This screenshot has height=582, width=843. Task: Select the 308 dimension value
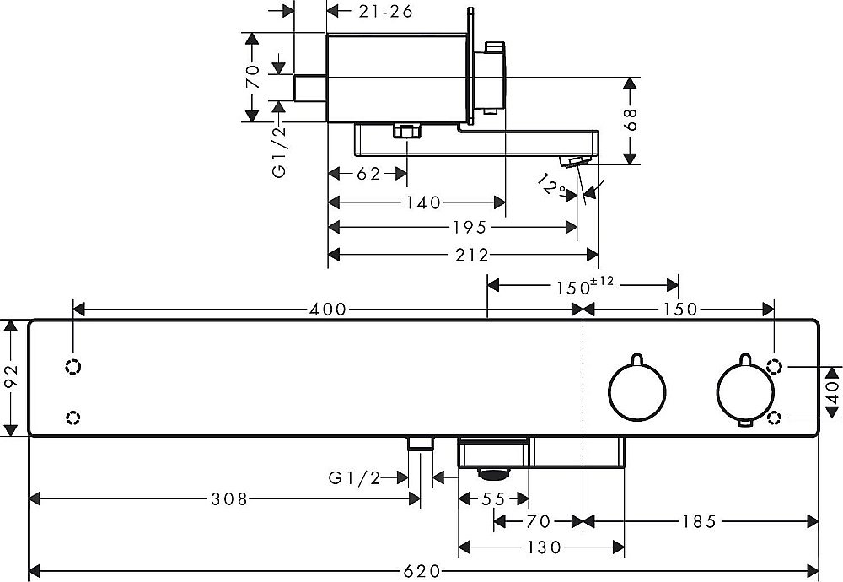point(229,499)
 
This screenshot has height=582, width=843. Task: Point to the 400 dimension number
point(328,310)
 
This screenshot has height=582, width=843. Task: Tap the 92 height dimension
point(11,377)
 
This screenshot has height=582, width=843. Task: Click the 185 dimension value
point(698,523)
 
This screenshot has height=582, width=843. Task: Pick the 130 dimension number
point(543,547)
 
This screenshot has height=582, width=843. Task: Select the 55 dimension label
point(493,499)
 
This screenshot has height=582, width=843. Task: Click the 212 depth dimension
point(473,255)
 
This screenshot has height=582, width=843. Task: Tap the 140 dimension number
point(423,202)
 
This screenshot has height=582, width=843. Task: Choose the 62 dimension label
point(368,175)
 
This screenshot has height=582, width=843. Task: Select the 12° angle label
point(553,186)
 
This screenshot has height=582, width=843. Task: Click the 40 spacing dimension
point(834,391)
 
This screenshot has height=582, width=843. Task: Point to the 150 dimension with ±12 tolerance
point(582,287)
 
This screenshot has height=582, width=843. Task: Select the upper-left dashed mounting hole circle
point(73,367)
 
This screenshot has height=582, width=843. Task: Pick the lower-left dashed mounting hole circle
point(73,417)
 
